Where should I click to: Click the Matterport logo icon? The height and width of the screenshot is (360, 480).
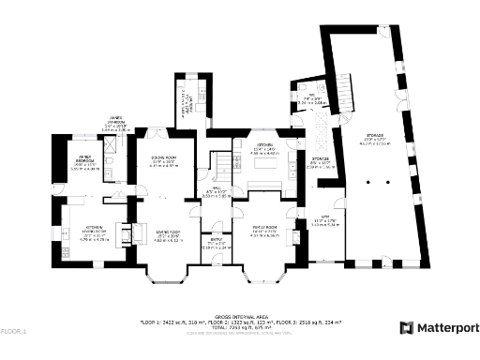407,327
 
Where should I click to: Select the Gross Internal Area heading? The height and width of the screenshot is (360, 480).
240,316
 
